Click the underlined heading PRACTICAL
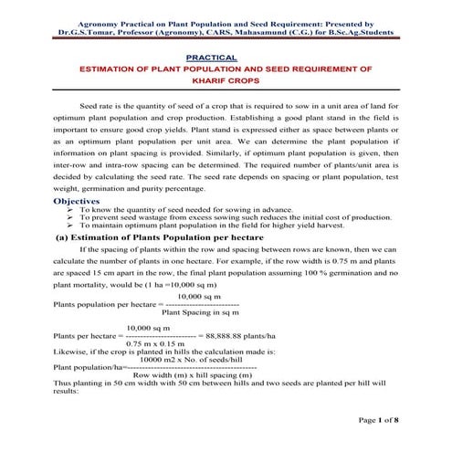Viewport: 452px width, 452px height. (225, 58)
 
